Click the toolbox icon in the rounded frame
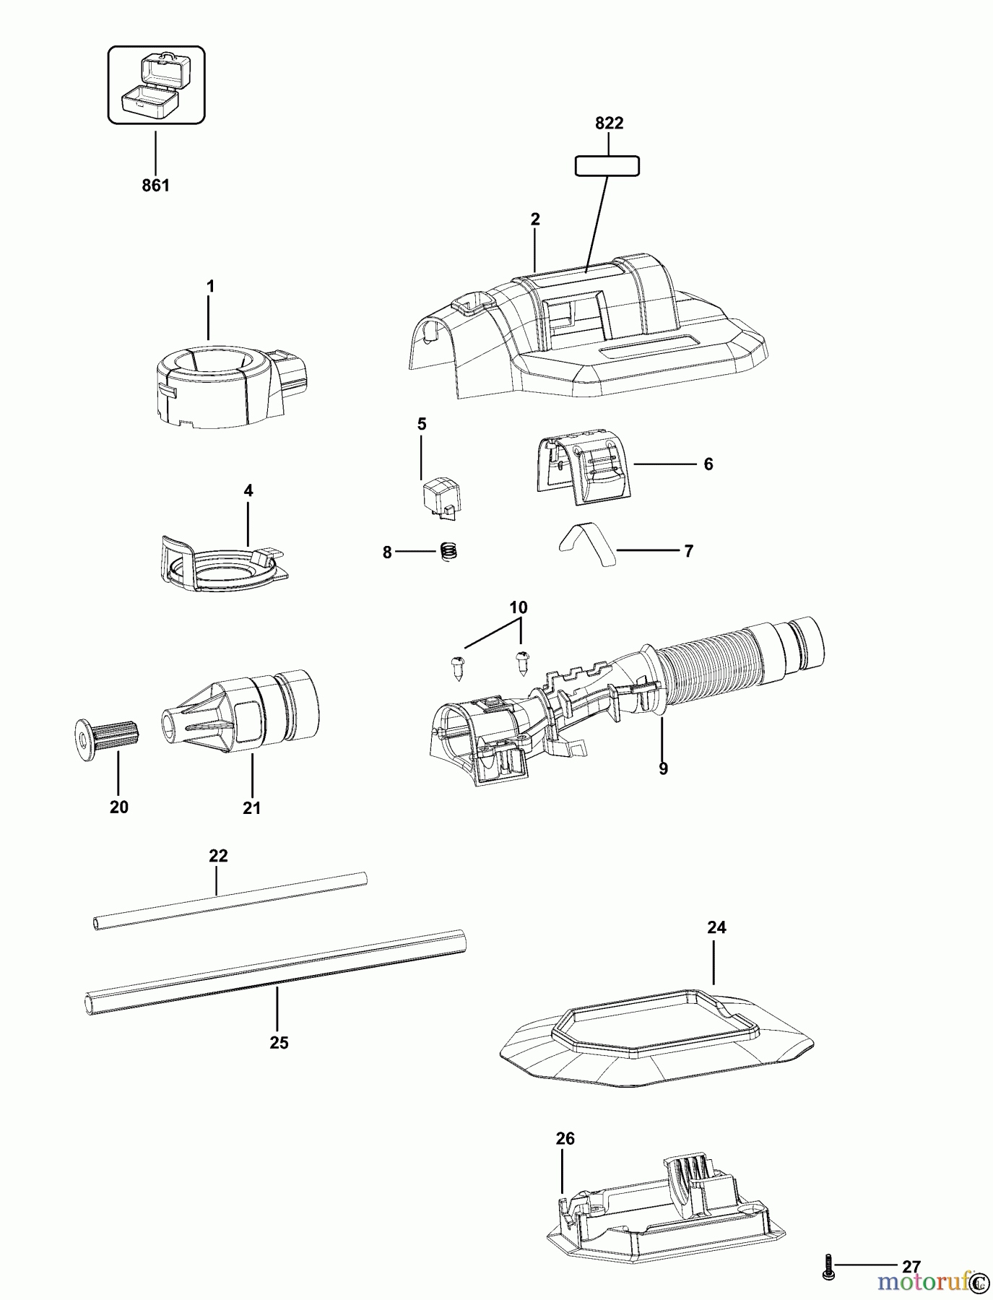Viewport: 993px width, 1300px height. click(x=156, y=85)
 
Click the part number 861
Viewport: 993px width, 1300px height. click(x=155, y=186)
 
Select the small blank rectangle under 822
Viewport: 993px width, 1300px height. click(x=607, y=166)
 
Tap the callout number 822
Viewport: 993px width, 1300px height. click(x=609, y=123)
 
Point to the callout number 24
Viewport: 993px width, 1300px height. click(x=716, y=927)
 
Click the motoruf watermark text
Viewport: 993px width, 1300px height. click(x=924, y=1282)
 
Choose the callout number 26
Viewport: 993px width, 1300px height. click(x=565, y=1139)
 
